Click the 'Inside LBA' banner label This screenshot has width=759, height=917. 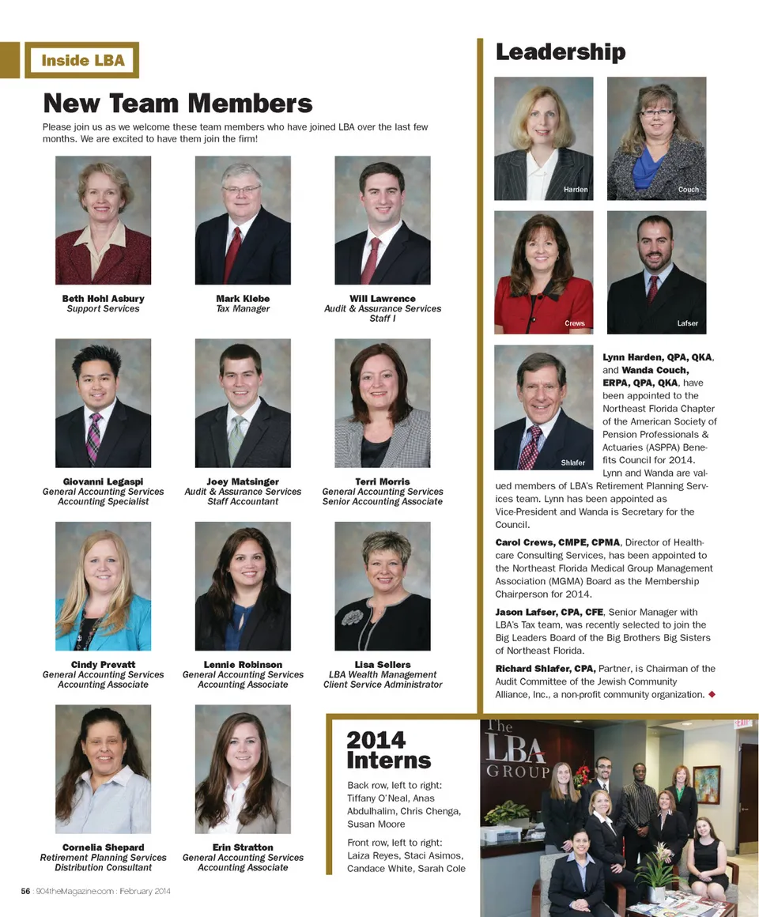pos(82,60)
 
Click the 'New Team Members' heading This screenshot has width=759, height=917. pos(178,104)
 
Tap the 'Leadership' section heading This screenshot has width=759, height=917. pos(561,52)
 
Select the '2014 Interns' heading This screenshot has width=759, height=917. pos(388,750)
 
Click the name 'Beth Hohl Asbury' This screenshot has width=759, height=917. pos(104,299)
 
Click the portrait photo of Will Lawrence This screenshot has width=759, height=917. pos(383,220)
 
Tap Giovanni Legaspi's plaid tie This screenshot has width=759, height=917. pos(94,436)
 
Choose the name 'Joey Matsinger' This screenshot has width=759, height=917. pos(243,481)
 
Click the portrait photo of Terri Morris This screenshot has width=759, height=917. pos(383,403)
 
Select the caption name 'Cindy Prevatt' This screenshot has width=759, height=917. pos(104,665)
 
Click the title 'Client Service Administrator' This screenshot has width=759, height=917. pos(383,685)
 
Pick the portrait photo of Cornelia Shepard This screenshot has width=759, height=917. pos(104,769)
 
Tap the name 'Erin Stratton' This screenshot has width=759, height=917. pos(243,847)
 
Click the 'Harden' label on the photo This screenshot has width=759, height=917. pos(576,190)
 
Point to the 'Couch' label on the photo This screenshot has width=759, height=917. pos(689,190)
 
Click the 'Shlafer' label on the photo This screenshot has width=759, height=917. pos(573,462)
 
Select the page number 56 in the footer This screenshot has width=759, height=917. pos(26,891)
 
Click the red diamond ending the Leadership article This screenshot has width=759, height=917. pos(712,694)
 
